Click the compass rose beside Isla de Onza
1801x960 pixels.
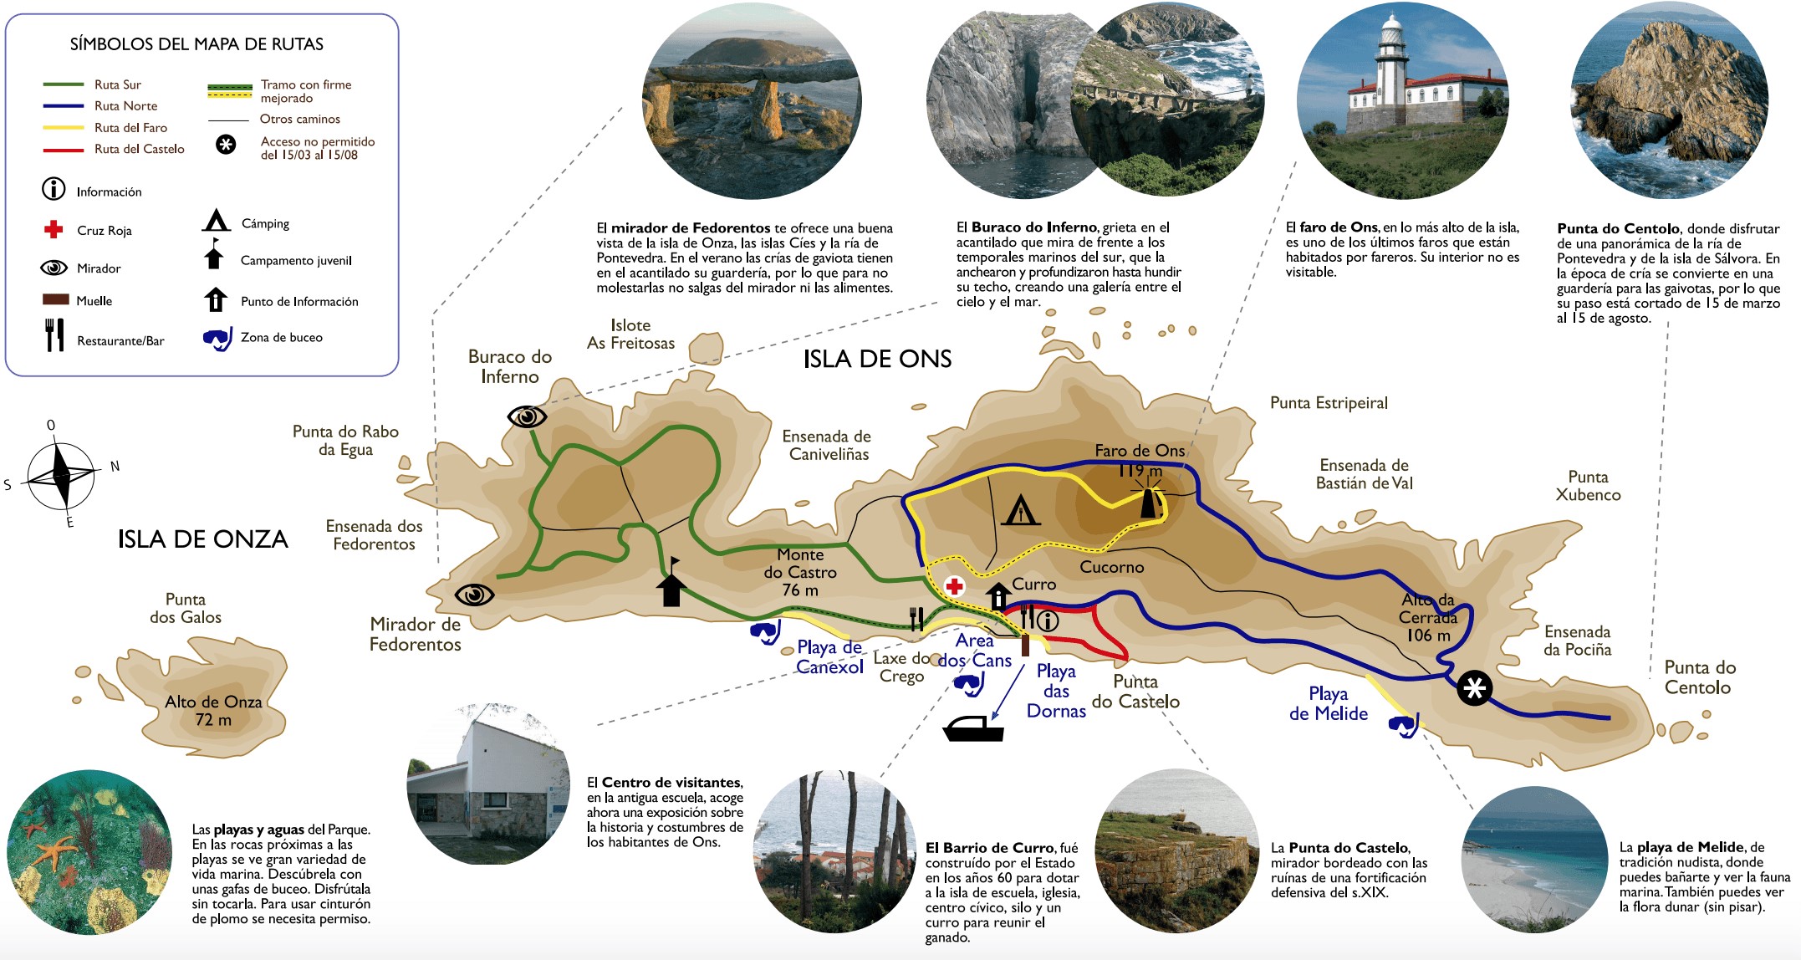coord(61,475)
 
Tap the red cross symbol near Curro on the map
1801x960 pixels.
coord(954,586)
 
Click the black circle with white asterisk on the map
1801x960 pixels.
coord(1474,688)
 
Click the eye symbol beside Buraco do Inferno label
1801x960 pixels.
coord(528,416)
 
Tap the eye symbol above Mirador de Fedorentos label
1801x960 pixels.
coord(475,595)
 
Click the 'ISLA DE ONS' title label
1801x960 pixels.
coord(877,359)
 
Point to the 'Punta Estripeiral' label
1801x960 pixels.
coord(1329,402)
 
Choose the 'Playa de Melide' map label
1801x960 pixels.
coord(1329,703)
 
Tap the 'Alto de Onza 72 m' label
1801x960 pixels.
coord(213,711)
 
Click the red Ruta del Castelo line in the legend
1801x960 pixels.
coord(64,150)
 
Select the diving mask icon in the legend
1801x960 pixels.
coord(217,339)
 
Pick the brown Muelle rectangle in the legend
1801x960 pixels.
coord(55,299)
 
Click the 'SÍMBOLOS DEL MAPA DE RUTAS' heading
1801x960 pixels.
coord(196,44)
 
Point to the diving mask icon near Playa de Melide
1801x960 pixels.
coord(1404,725)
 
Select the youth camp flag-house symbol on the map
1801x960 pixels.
coord(671,581)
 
